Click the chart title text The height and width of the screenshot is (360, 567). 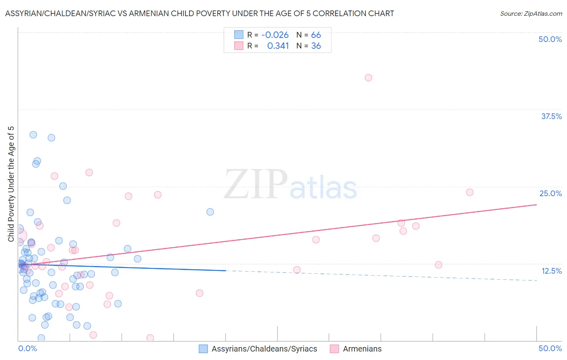tap(200, 13)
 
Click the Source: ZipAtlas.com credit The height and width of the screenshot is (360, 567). tap(531, 13)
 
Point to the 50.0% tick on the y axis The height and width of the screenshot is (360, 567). tap(550, 39)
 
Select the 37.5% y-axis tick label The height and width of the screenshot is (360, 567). tap(551, 116)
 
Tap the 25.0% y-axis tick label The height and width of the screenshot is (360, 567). tap(550, 193)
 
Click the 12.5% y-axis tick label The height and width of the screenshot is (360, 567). tap(551, 271)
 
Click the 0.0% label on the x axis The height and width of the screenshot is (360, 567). tap(27, 348)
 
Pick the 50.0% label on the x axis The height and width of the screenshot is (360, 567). tap(550, 348)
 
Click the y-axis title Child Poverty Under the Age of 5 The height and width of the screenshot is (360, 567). tap(11, 184)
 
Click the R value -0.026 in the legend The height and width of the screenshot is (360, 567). tap(275, 35)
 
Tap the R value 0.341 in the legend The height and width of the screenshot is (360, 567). tap(278, 46)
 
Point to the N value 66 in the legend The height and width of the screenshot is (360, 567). tap(316, 35)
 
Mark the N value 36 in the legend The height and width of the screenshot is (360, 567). tap(316, 46)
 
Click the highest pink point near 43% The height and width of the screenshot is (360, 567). tap(368, 77)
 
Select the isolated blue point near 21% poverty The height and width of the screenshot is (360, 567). tap(210, 212)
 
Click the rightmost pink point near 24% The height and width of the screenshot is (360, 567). tap(470, 192)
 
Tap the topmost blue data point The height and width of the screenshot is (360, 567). tap(33, 134)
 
